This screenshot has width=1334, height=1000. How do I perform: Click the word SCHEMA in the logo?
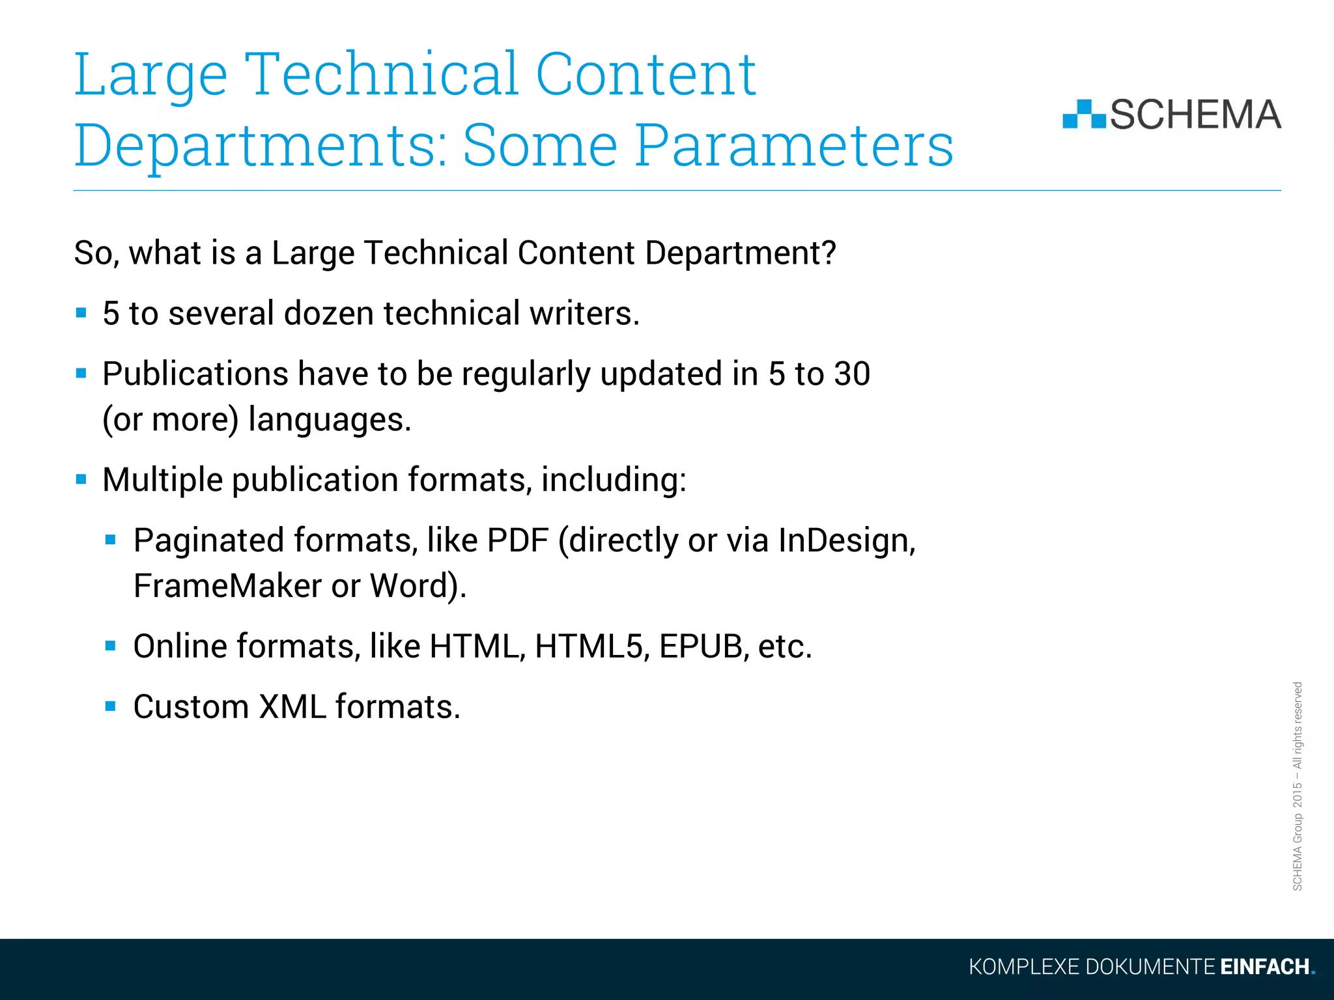1195,115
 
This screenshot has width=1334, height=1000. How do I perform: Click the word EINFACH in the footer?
1264,967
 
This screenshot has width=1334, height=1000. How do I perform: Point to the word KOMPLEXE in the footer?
1023,967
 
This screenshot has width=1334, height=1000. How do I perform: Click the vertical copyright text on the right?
1298,786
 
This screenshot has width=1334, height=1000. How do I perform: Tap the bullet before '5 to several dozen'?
81,313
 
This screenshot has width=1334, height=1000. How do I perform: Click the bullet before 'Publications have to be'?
81,374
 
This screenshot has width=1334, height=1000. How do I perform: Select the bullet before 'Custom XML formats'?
111,706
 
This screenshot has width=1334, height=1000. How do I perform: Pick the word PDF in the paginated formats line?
518,540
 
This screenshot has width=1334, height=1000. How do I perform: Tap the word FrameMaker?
227,585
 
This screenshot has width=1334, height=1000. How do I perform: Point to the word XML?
292,707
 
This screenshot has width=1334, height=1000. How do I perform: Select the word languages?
330,420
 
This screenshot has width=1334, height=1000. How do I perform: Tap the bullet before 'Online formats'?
111,646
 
